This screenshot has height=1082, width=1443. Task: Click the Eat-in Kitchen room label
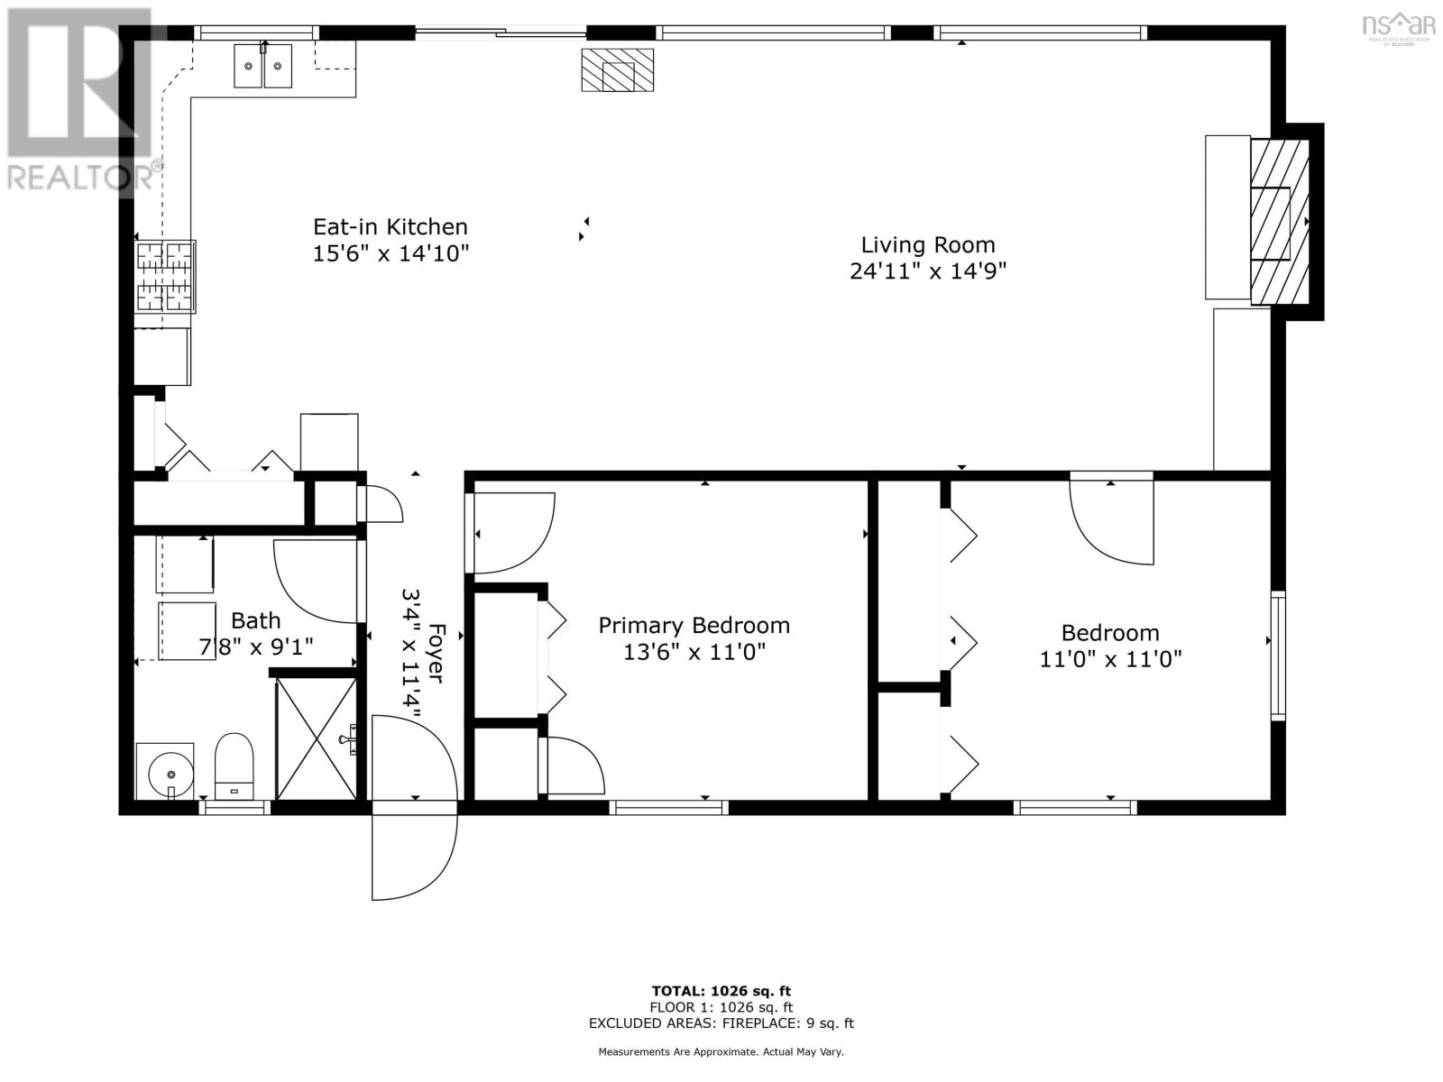coord(390,227)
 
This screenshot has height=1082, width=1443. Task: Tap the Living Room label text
coord(928,245)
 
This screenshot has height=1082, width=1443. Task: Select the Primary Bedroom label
coord(694,626)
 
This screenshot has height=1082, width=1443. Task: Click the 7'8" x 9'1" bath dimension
coord(256,647)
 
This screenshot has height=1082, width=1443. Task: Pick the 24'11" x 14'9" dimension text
coord(928,270)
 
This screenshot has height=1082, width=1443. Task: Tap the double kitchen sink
coord(263,65)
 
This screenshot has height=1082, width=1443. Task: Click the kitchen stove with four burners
coord(164,276)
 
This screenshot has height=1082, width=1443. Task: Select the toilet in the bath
coord(234,766)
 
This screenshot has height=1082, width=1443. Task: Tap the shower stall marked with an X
coord(317,739)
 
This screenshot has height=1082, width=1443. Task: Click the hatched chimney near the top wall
coord(617,69)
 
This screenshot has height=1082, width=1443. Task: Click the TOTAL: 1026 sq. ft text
coord(721,991)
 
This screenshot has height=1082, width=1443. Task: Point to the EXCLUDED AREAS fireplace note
coord(721,1022)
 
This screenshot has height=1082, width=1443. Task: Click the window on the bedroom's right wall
coord(1277,656)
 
